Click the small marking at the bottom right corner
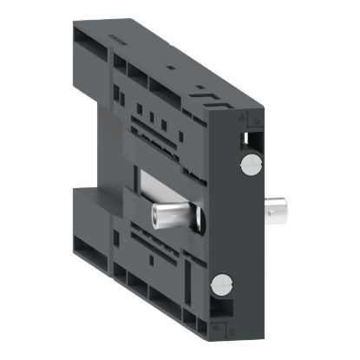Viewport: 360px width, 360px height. click(214, 329)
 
